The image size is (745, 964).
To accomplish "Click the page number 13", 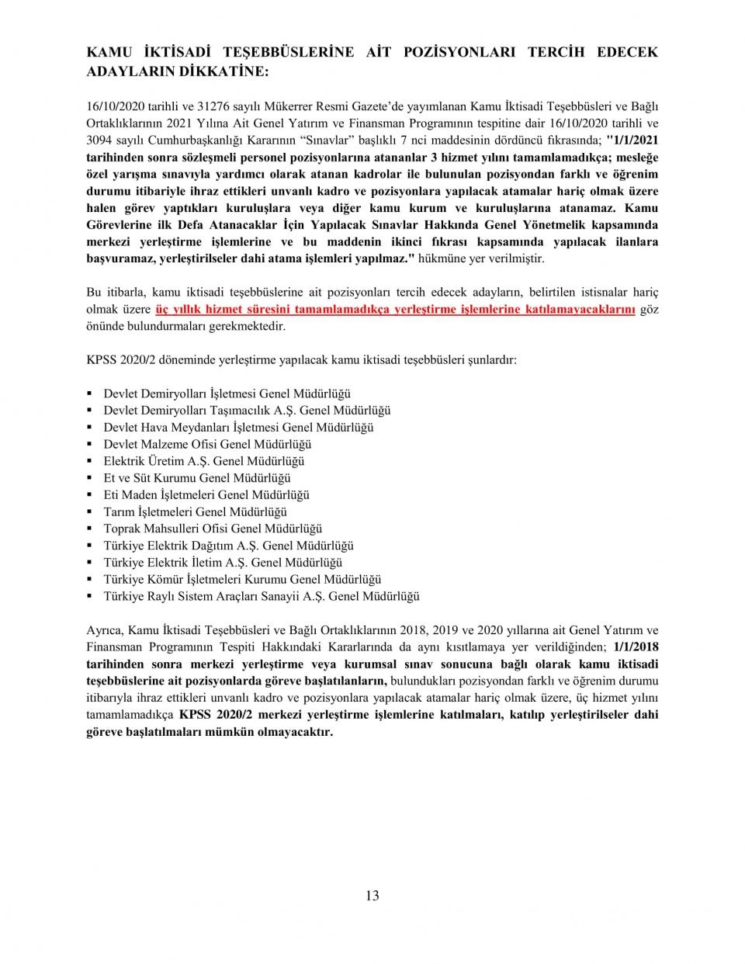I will coord(372,896).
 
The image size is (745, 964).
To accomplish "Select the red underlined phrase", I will coord(396,309).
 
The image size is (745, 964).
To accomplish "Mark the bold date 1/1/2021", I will coord(634,140).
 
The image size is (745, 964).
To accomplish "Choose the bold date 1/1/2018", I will coord(636,647).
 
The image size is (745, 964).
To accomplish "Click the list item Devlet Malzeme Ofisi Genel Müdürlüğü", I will coord(207,445).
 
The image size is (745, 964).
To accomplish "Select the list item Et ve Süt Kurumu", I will coord(197,478).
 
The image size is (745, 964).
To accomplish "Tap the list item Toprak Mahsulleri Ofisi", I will coord(213,529).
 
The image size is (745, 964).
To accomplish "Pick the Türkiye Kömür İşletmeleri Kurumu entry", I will coord(242,579).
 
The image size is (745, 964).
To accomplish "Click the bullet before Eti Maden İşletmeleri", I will coord(90,495).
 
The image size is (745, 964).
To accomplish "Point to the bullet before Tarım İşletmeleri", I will coord(90,512).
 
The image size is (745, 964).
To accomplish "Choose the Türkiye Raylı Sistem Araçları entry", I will coord(261,596).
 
